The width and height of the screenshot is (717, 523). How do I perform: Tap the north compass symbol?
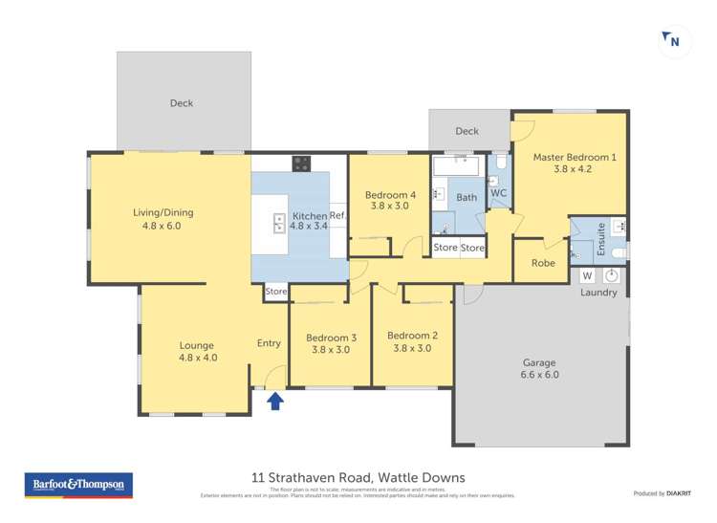(672, 40)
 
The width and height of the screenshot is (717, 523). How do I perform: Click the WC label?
(498, 193)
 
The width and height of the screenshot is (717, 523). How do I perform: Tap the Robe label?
(543, 263)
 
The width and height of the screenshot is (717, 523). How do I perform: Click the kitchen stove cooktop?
(301, 163)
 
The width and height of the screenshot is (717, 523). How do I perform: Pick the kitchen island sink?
(278, 222)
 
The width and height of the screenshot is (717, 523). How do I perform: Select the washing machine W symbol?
(588, 276)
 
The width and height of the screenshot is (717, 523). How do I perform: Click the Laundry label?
(598, 293)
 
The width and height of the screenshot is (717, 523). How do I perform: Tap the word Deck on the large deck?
(182, 103)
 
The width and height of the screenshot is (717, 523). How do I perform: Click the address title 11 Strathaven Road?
(358, 477)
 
